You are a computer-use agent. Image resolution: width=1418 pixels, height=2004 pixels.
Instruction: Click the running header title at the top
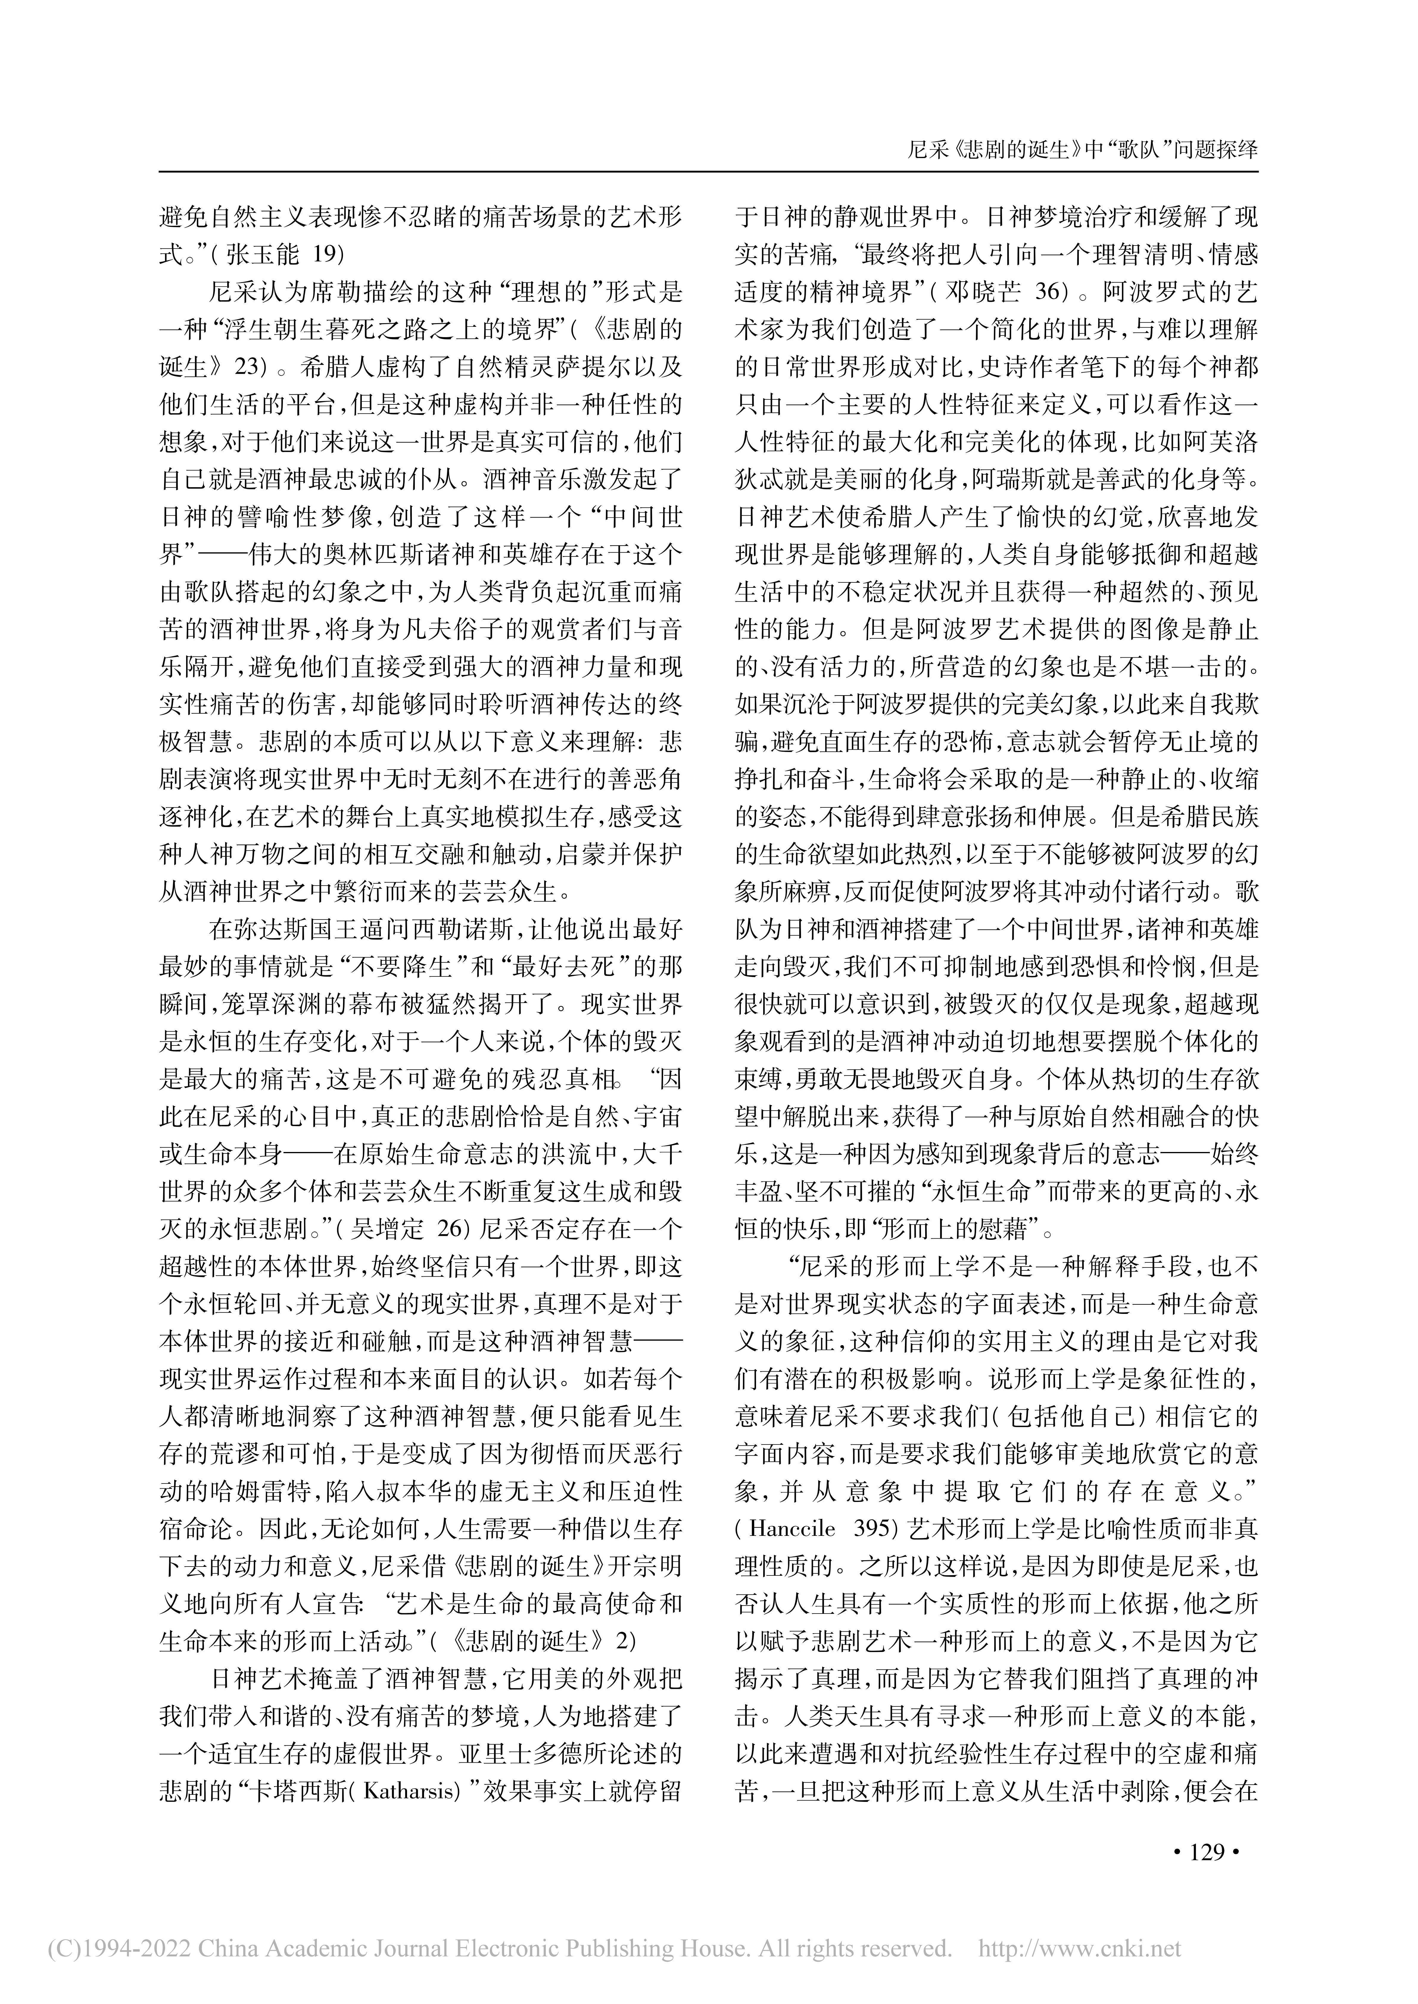pos(1083,149)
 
